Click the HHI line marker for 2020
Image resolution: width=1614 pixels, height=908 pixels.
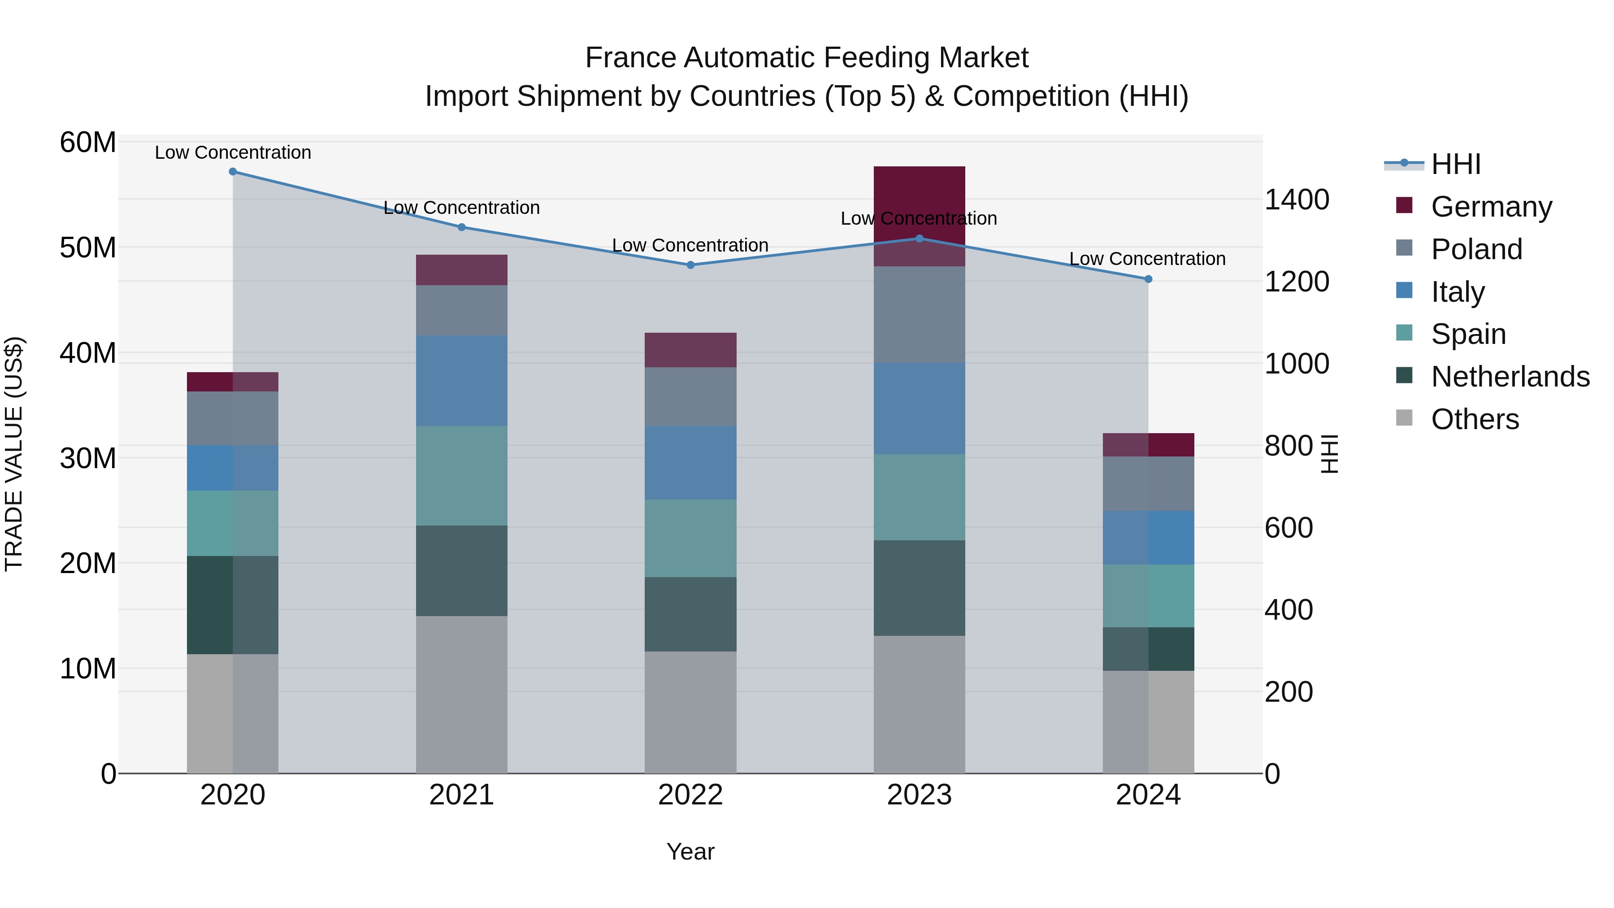(x=232, y=172)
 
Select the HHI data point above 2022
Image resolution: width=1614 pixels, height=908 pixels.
(x=690, y=265)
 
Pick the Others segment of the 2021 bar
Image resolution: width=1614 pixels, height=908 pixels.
(x=462, y=694)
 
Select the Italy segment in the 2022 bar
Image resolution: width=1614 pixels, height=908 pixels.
(x=690, y=462)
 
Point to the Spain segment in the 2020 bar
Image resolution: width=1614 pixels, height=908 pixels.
(x=232, y=523)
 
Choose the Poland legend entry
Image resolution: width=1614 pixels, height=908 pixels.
(x=1476, y=249)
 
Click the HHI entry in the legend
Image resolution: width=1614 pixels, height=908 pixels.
(x=1455, y=164)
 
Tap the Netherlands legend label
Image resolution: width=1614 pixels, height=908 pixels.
(x=1510, y=377)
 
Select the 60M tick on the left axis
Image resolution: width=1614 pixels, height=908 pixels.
(x=88, y=142)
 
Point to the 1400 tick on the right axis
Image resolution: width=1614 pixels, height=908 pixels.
(x=1296, y=200)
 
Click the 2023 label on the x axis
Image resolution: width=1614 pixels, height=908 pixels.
(x=919, y=795)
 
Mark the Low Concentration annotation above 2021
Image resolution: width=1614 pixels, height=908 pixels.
(x=462, y=208)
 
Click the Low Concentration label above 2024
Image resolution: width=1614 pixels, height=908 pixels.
(x=1147, y=259)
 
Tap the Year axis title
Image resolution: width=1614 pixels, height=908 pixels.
(x=690, y=852)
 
